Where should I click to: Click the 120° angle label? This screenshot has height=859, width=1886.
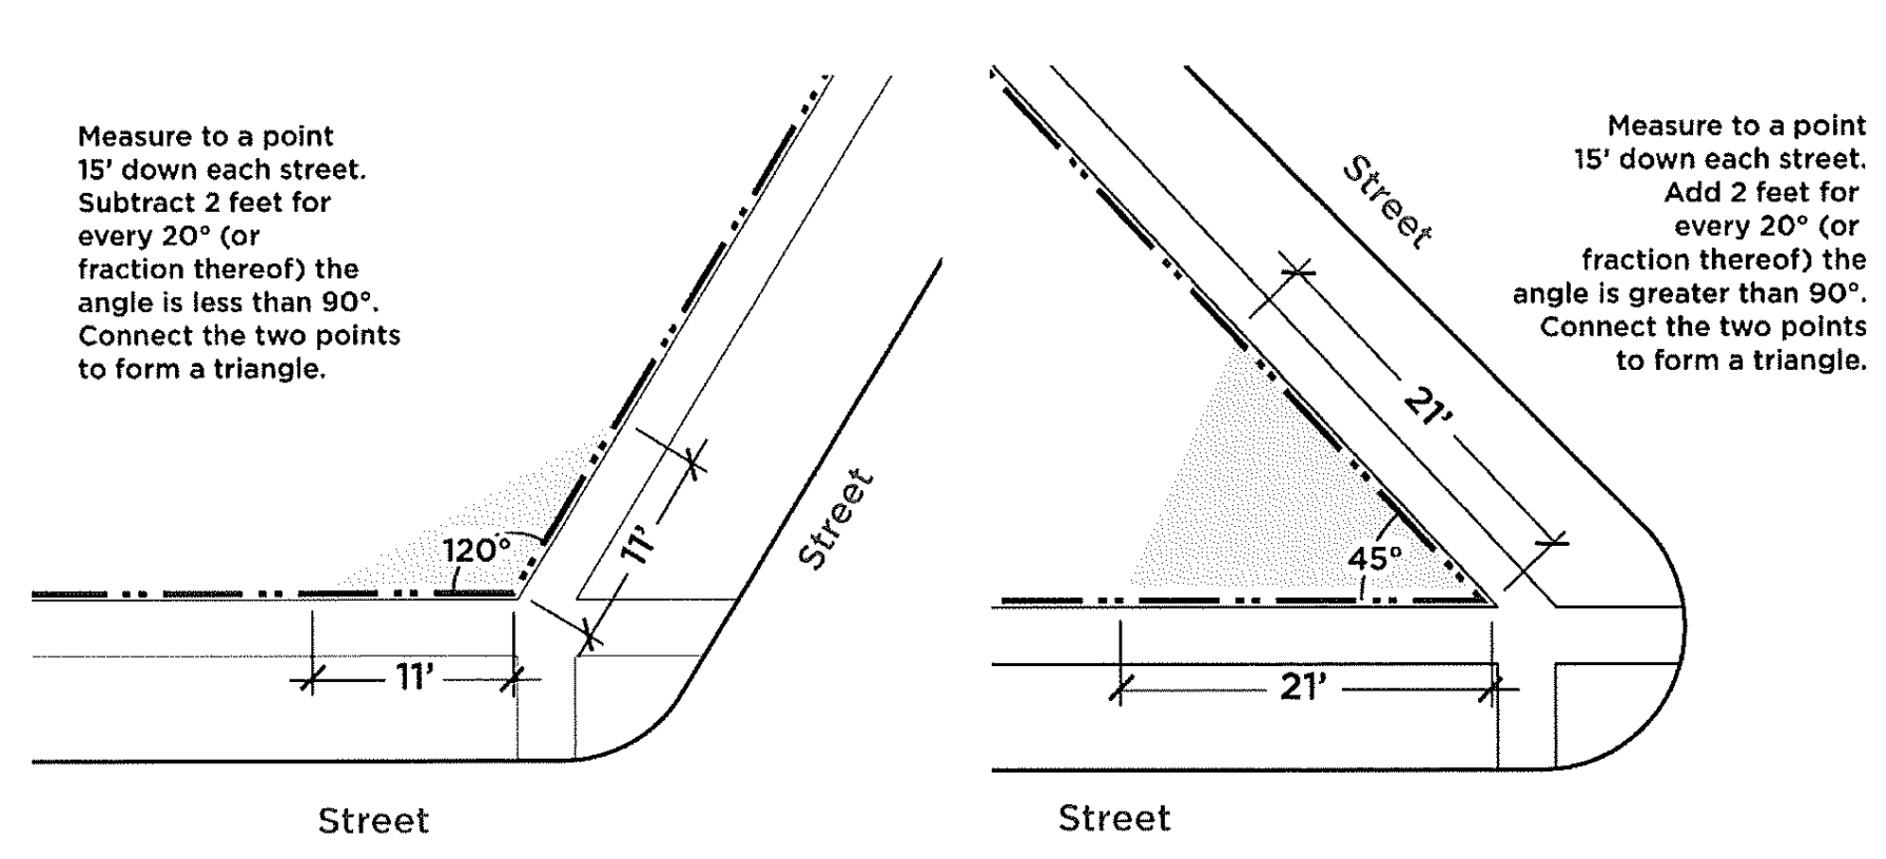pyautogui.click(x=477, y=551)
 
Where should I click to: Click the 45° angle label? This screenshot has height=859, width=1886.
pyautogui.click(x=1375, y=558)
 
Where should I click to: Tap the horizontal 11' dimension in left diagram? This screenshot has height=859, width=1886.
pyautogui.click(x=414, y=677)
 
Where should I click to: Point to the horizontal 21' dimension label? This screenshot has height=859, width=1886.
pyautogui.click(x=1304, y=688)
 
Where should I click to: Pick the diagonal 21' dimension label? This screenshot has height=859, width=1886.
pyautogui.click(x=1428, y=413)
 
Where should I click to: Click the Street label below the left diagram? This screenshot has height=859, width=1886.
pyautogui.click(x=374, y=820)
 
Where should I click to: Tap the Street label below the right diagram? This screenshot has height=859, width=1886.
pyautogui.click(x=1115, y=817)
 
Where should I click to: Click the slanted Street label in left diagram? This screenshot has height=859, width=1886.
pyautogui.click(x=834, y=518)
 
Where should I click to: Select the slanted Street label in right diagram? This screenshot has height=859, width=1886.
pyautogui.click(x=1388, y=203)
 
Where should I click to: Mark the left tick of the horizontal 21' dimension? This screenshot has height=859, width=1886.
pyautogui.click(x=1120, y=690)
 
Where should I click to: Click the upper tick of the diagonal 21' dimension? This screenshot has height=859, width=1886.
pyautogui.click(x=1298, y=272)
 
